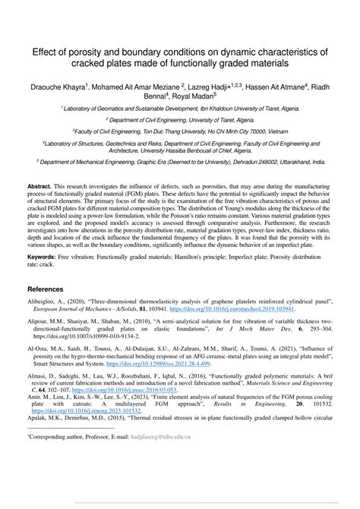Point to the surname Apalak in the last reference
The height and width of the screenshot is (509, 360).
(x=39, y=417)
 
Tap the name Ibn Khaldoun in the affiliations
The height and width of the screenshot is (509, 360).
(x=236, y=109)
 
